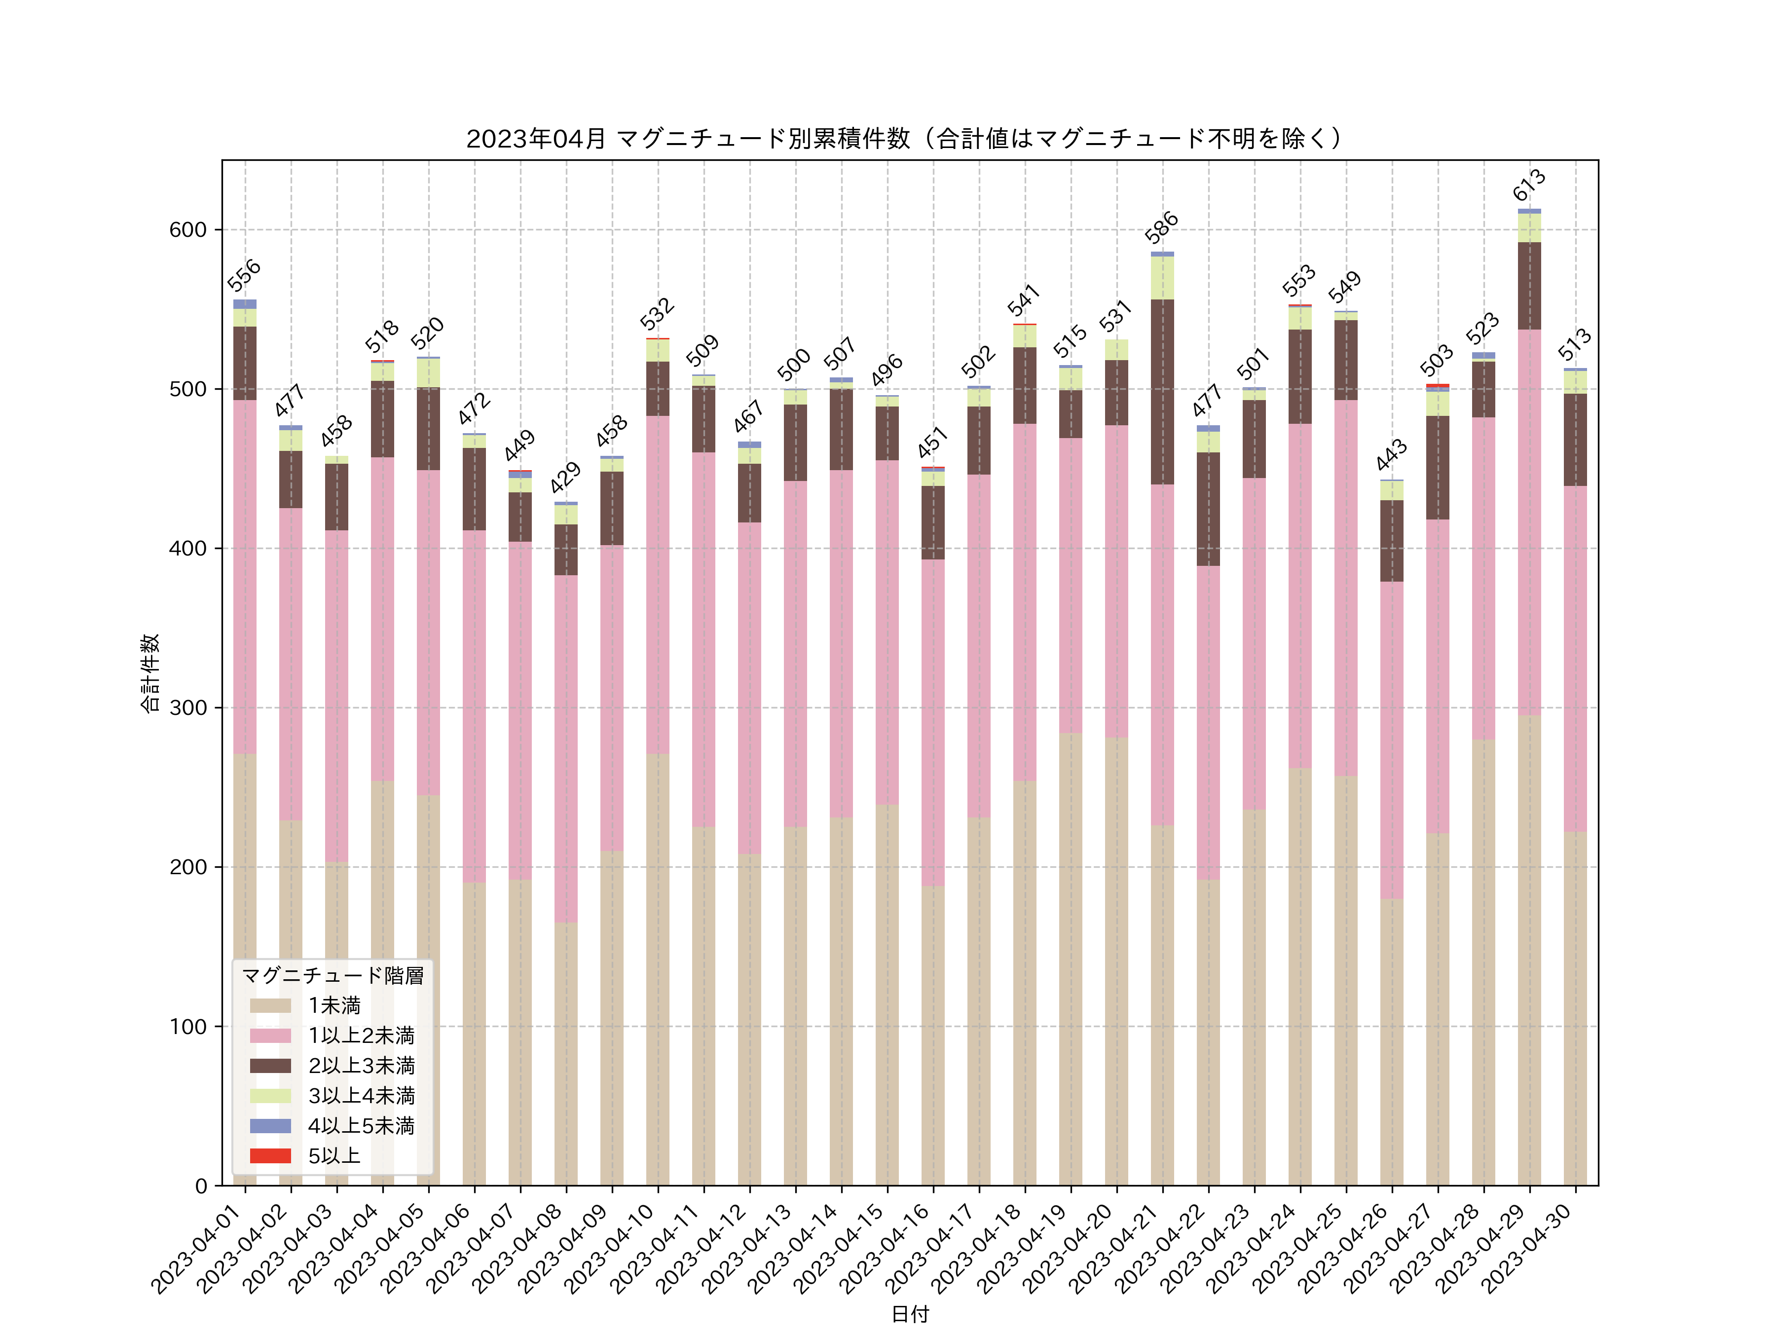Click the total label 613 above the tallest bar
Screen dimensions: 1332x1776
1529,185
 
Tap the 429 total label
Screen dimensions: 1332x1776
565,478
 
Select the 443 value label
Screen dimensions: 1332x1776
1391,454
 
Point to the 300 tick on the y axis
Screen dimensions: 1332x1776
188,708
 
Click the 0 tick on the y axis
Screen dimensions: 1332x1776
201,1186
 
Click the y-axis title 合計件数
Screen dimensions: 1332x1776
150,673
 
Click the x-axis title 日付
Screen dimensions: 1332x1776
910,1314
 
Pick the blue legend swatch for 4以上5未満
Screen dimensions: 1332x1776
270,1126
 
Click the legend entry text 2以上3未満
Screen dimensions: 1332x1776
361,1066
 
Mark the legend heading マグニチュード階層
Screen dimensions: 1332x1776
333,975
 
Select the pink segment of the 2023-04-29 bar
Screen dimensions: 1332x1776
1529,522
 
